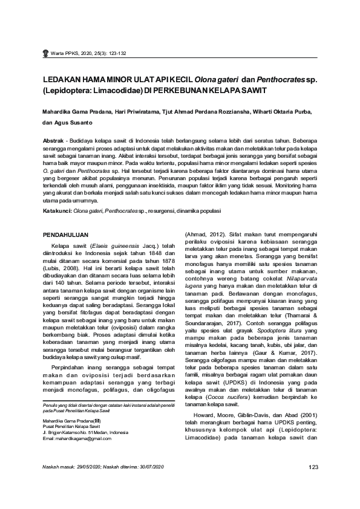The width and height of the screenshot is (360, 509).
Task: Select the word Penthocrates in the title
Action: click(x=280, y=79)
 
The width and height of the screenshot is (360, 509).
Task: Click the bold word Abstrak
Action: click(x=53, y=139)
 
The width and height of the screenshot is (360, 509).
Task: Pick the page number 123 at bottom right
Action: click(x=313, y=467)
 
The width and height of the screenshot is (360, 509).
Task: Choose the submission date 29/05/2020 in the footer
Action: click(x=93, y=467)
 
